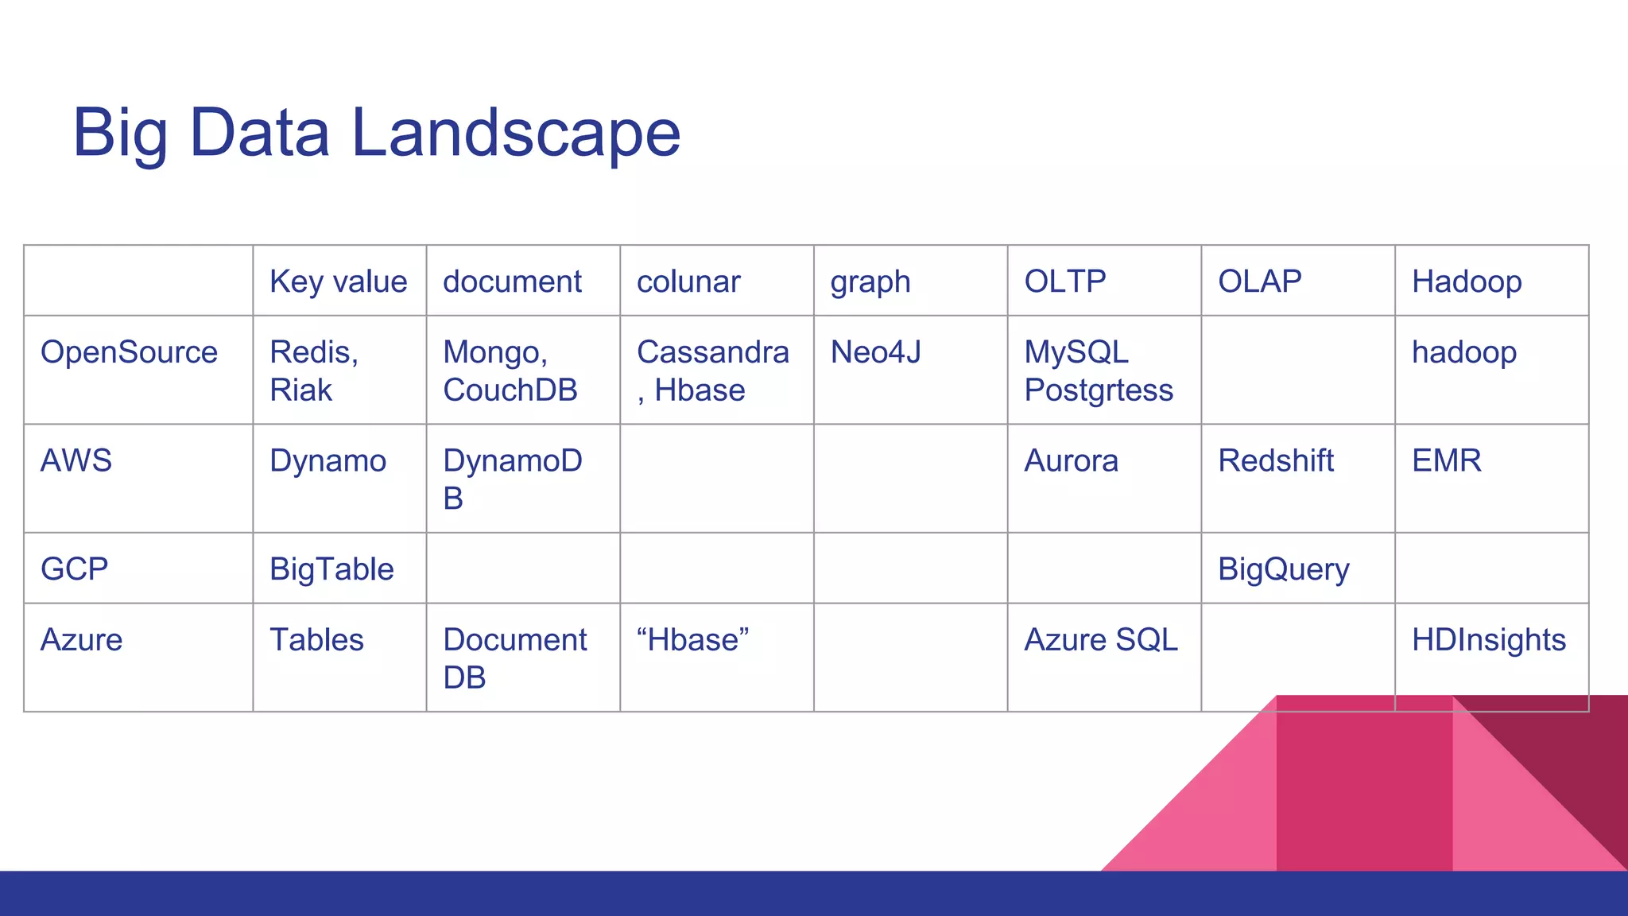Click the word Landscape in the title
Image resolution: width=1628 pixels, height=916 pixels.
(515, 134)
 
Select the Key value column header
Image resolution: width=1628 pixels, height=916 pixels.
(338, 281)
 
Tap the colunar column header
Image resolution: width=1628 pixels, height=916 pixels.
(688, 281)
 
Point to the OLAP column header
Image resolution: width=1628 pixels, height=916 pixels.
(1259, 281)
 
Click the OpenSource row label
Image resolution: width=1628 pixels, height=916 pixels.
(129, 352)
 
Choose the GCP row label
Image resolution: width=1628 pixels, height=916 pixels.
(74, 569)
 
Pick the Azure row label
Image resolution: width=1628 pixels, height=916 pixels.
(81, 640)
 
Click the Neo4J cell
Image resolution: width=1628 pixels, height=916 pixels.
(875, 352)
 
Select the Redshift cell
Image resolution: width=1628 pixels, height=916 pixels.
(1275, 461)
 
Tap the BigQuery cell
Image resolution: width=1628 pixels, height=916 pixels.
(1283, 570)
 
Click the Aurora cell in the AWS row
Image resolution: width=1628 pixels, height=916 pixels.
(1070, 461)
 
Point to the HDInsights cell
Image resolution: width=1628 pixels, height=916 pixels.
(1488, 640)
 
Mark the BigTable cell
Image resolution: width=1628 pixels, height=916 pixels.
(331, 570)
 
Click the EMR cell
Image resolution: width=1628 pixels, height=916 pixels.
(1446, 461)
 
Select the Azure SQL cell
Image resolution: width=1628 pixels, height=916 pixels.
(1100, 640)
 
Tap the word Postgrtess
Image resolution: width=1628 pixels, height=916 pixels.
(1098, 390)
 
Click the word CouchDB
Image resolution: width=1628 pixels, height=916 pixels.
(510, 390)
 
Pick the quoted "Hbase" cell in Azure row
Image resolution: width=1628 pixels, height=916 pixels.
(692, 640)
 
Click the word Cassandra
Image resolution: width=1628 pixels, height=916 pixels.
(712, 352)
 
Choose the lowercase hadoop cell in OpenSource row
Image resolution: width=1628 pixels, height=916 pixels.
(1463, 352)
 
